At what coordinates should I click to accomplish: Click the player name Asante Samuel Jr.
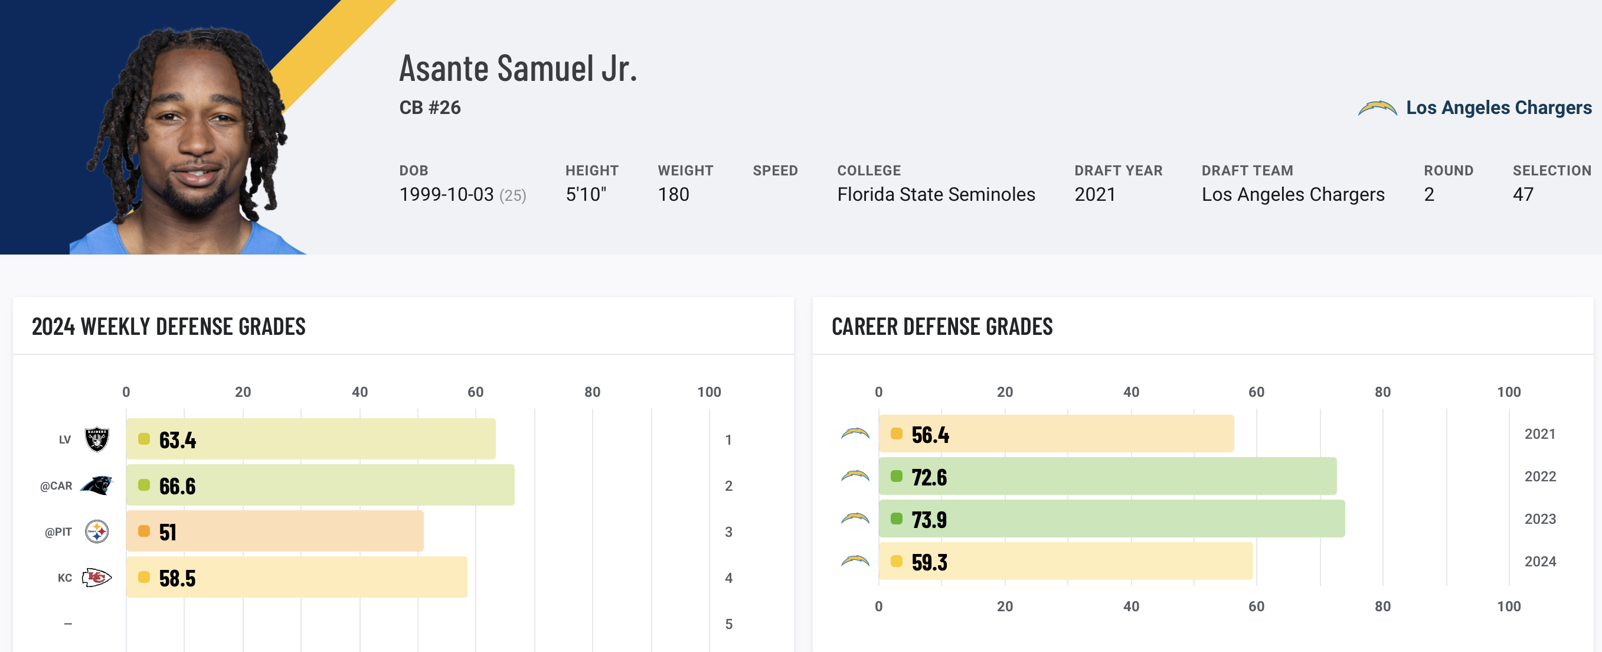point(518,69)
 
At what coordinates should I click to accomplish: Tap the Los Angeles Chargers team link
point(1498,107)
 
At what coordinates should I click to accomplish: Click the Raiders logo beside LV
point(97,439)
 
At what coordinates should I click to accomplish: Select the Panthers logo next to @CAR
point(97,485)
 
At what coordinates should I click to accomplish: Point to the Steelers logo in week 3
point(97,532)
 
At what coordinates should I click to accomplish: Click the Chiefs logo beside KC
point(97,578)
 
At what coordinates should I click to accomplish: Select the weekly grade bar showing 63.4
point(310,439)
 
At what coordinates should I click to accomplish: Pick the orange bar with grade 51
point(274,532)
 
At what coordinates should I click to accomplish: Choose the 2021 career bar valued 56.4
point(1055,433)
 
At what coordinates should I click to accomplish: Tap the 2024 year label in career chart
point(1540,561)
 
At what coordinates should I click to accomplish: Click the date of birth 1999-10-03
point(446,195)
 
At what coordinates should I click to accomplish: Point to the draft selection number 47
point(1523,195)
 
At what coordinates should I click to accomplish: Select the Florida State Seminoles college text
point(936,195)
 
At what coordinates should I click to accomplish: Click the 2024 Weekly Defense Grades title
point(169,327)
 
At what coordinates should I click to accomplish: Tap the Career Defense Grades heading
point(941,327)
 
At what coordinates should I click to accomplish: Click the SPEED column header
point(775,171)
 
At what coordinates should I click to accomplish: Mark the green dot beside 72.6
point(896,477)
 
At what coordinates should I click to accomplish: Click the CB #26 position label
point(430,107)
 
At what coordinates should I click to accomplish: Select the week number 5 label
point(728,624)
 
